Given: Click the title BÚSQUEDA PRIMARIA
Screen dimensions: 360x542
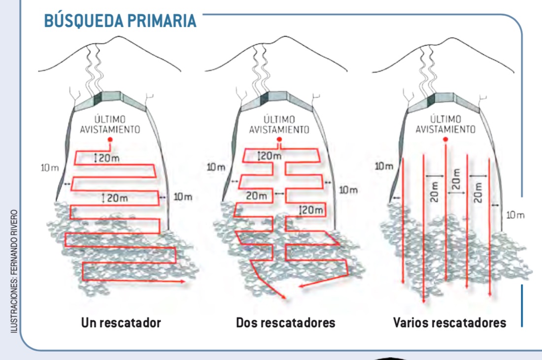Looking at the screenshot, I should (x=120, y=21).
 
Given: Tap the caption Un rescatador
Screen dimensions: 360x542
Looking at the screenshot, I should (x=121, y=324).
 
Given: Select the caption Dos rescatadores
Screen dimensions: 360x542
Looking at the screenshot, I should (x=286, y=324).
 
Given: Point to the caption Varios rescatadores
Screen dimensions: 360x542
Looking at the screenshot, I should (x=449, y=324).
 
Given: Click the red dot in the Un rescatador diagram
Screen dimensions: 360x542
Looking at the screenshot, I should (x=110, y=140).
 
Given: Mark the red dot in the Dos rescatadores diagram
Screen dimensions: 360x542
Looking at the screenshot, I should (x=279, y=140).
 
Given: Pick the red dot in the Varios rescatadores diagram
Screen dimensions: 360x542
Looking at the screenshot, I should (x=445, y=140).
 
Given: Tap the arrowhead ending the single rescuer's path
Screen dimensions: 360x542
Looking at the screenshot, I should (x=183, y=282).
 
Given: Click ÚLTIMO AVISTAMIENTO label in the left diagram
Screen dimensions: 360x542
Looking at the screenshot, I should (x=110, y=124).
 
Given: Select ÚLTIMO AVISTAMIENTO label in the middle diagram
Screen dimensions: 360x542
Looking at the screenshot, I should (x=279, y=125).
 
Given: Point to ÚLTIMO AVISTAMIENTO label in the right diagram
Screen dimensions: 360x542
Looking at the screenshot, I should (x=445, y=125).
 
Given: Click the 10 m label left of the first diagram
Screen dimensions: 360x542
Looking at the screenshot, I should (x=49, y=168).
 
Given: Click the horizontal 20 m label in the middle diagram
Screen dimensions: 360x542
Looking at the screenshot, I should (x=256, y=195).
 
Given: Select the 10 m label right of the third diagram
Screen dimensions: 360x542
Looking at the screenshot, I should (x=515, y=215).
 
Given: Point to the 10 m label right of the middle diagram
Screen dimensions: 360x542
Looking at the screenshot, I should (x=348, y=189).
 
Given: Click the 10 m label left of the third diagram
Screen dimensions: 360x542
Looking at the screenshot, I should (x=384, y=166).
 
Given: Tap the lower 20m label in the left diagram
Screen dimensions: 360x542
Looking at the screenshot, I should (x=117, y=198).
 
